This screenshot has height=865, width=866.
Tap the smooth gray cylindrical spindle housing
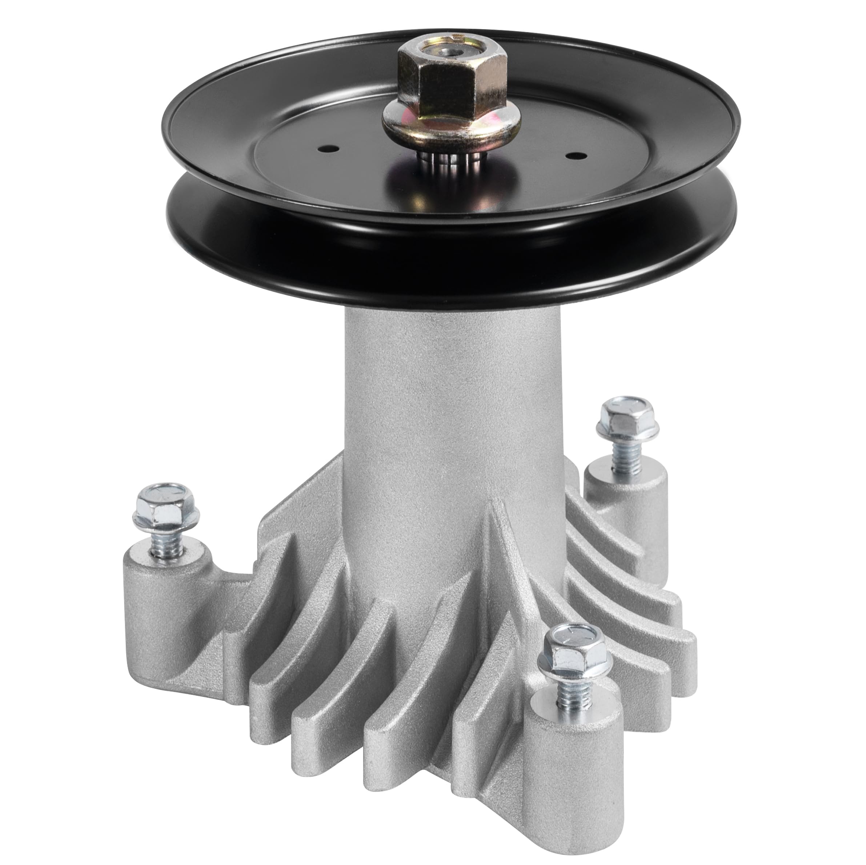[x=430, y=403]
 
